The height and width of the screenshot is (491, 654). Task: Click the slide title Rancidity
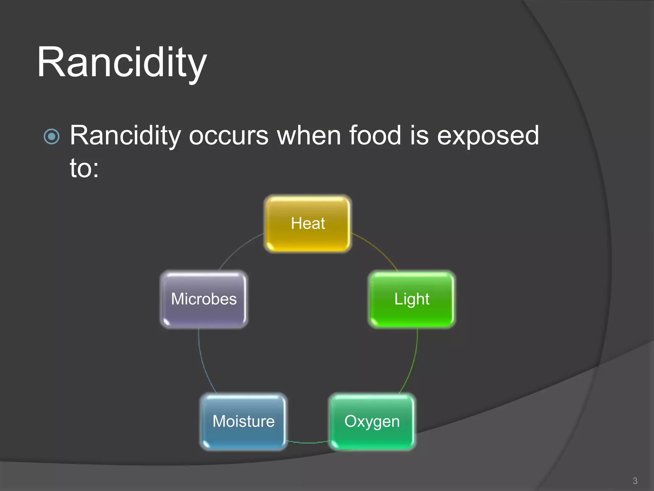pyautogui.click(x=122, y=62)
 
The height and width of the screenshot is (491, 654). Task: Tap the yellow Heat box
pyautogui.click(x=308, y=223)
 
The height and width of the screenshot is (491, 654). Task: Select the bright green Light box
pyautogui.click(x=412, y=299)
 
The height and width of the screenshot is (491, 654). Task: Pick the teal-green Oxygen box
pyautogui.click(x=372, y=421)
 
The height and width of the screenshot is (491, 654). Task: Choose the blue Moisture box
pyautogui.click(x=243, y=421)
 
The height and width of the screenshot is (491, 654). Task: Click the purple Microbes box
pyautogui.click(x=204, y=299)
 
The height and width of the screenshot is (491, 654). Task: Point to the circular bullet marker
pyautogui.click(x=52, y=137)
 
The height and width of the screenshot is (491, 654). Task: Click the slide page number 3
pyautogui.click(x=635, y=481)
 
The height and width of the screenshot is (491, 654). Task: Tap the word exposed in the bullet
pyautogui.click(x=488, y=136)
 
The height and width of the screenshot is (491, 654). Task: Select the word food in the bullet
pyautogui.click(x=375, y=135)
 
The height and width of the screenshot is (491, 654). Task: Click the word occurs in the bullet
pyautogui.click(x=229, y=136)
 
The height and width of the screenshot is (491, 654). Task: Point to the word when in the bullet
pyautogui.click(x=308, y=135)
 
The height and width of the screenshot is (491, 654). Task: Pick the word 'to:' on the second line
pyautogui.click(x=84, y=168)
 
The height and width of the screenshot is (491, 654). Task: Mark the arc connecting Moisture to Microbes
pyautogui.click(x=203, y=364)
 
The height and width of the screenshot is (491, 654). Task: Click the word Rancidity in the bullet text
pyautogui.click(x=125, y=136)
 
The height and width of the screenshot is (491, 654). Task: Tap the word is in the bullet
pyautogui.click(x=419, y=135)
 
